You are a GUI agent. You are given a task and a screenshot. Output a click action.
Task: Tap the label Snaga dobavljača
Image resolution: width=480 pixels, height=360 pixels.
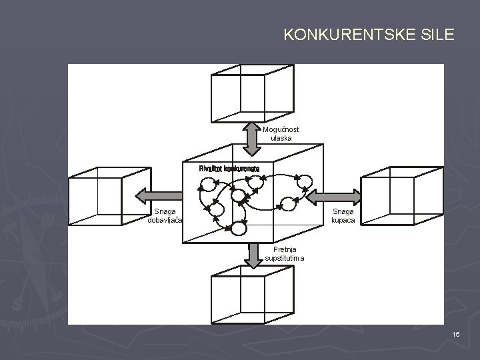point(166,215)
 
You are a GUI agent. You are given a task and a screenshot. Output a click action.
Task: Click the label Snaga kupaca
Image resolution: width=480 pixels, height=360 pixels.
point(345,215)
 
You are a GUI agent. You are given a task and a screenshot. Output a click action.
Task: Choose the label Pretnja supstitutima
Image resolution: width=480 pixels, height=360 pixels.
point(285,254)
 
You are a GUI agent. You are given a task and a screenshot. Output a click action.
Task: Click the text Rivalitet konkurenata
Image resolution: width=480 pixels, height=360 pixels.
point(229,168)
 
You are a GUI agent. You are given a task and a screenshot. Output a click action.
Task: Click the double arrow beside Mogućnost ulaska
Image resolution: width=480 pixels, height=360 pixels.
point(252,137)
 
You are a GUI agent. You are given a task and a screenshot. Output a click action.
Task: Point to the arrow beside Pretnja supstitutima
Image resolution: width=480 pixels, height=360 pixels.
point(253,255)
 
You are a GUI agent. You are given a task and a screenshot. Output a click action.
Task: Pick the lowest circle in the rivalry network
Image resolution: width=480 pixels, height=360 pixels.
point(239,228)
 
